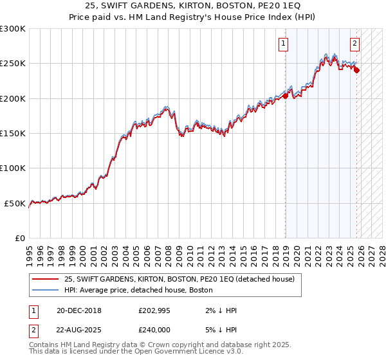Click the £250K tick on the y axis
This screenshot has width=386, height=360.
click(x=13, y=64)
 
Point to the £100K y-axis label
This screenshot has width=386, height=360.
click(x=13, y=168)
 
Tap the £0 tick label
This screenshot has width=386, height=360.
click(x=20, y=238)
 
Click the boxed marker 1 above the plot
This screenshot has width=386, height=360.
click(x=284, y=44)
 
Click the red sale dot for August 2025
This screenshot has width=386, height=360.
click(x=357, y=71)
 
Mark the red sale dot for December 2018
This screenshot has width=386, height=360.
click(x=286, y=97)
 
